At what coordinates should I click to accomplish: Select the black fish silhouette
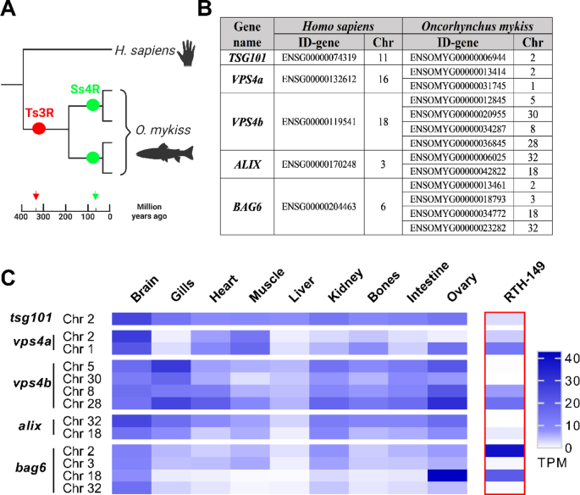pos(158,154)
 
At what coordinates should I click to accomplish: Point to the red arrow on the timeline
pos(36,197)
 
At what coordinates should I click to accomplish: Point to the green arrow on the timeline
pos(95,197)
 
